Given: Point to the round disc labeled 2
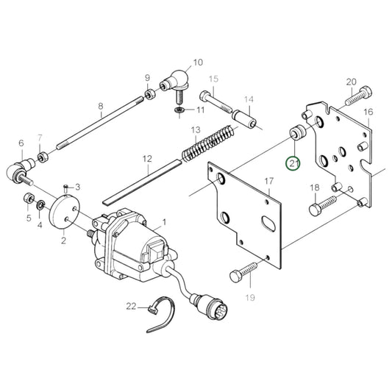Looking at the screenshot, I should [64, 214].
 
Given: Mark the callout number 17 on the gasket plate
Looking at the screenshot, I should [269, 181].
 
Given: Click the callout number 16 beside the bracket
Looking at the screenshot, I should [368, 112].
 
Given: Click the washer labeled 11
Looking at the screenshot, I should [178, 110].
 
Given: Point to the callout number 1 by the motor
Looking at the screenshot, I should [164, 221].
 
